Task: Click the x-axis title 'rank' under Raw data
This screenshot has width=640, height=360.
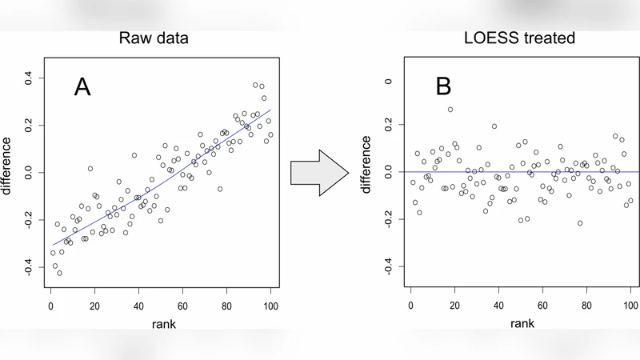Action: (x=161, y=323)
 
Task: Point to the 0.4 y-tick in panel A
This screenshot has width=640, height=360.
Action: (x=28, y=78)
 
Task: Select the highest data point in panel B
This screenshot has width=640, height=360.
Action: (x=450, y=110)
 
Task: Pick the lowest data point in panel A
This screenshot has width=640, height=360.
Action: (x=59, y=273)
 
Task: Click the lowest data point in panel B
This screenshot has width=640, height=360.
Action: (x=580, y=223)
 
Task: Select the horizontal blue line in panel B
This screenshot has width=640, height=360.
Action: (x=520, y=172)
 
